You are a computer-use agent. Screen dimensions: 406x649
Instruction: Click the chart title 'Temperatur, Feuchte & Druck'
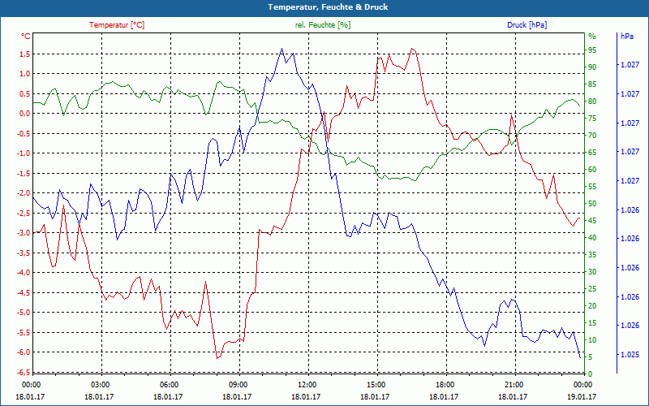pos(324,6)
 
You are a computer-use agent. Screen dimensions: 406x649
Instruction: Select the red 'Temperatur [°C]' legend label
pos(117,25)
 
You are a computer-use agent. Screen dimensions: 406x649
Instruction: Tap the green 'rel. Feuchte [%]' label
pos(323,25)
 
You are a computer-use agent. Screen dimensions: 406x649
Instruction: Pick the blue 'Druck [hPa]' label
pos(527,25)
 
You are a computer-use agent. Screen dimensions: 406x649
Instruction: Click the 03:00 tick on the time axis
pos(100,384)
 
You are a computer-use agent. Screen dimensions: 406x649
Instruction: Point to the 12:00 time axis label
pos(307,384)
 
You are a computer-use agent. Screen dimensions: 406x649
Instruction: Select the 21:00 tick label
pos(514,384)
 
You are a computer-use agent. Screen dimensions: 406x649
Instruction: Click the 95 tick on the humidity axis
pos(592,50)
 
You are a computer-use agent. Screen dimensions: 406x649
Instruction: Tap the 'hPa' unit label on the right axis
pos(626,37)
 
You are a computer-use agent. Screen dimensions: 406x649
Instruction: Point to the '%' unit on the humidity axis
pos(591,37)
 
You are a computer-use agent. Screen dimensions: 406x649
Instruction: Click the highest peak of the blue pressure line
pos(282,49)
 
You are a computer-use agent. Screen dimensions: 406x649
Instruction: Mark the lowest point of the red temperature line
pos(217,357)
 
